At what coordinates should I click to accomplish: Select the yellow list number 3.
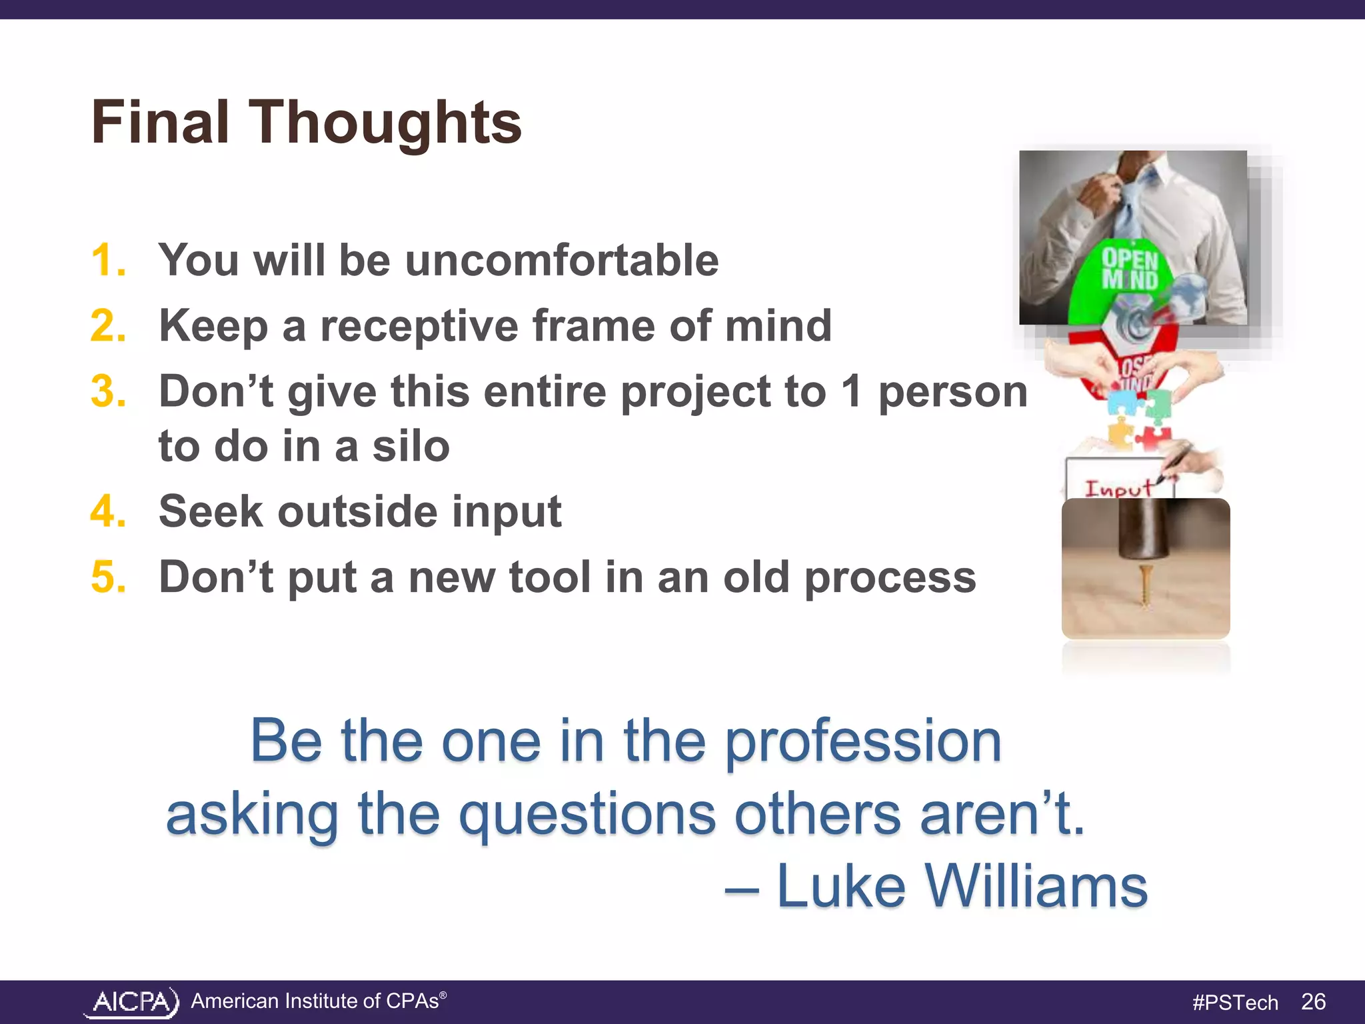(x=108, y=391)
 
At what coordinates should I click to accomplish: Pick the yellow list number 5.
(x=108, y=577)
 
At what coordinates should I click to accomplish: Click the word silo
(x=411, y=446)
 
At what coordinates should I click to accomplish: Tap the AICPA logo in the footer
(x=133, y=1002)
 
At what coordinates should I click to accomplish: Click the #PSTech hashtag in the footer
(x=1234, y=1002)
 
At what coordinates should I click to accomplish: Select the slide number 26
(x=1313, y=1001)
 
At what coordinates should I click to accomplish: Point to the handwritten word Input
(x=1118, y=488)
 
